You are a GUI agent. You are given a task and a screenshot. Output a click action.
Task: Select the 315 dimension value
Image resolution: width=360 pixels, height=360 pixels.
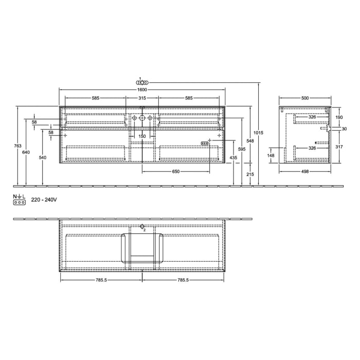(142, 98)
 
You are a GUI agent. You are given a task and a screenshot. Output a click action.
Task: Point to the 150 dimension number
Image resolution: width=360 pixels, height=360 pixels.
(142, 136)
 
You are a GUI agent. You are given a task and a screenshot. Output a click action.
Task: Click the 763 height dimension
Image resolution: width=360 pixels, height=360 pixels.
(18, 146)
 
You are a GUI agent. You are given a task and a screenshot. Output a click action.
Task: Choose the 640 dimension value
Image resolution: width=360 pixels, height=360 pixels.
(27, 152)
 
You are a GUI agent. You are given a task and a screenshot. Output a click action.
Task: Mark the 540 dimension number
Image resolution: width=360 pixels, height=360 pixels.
(42, 157)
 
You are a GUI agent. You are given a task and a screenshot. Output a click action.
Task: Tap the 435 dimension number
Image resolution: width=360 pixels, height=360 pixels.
(233, 157)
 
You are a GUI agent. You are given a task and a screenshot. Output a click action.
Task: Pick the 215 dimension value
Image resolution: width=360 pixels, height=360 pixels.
(250, 174)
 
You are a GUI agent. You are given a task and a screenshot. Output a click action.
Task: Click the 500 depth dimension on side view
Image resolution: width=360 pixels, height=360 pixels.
(305, 98)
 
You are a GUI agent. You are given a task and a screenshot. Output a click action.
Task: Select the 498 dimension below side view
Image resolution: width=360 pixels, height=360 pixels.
(305, 172)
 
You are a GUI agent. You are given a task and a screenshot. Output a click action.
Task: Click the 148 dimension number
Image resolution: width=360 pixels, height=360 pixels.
(271, 155)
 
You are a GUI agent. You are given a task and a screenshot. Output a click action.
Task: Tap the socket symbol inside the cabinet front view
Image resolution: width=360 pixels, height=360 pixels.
(204, 143)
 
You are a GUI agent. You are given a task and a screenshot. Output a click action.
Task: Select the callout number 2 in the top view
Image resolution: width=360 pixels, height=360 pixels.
(145, 230)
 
